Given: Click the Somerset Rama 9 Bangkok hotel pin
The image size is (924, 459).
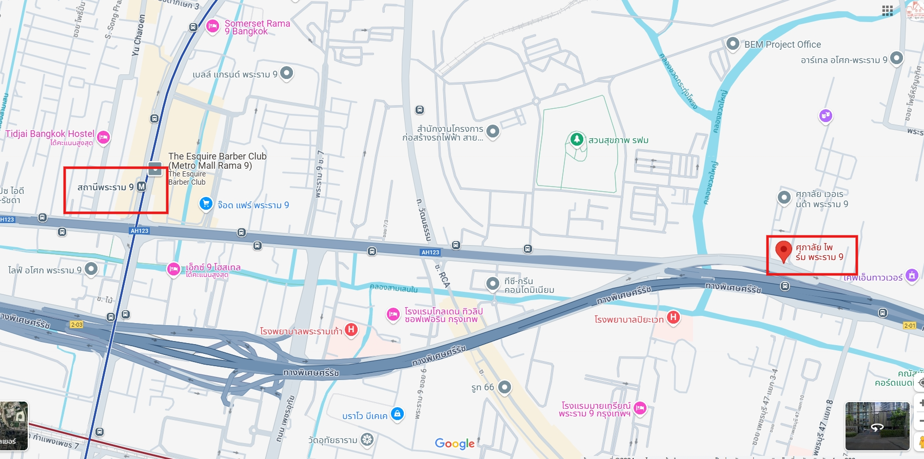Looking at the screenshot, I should [212, 26].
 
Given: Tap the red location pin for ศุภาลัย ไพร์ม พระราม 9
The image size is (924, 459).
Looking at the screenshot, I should [783, 251].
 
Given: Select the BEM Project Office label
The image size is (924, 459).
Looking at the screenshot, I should [782, 45].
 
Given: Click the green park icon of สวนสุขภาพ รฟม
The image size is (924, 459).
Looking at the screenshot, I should [577, 139].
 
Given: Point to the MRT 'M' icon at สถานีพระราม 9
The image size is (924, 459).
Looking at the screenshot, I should [142, 187].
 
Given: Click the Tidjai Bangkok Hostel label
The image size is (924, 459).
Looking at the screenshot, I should [50, 134].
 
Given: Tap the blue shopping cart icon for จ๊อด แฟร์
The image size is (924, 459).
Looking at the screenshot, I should [206, 204].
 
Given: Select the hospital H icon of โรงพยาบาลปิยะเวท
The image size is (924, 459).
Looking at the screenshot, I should [673, 317].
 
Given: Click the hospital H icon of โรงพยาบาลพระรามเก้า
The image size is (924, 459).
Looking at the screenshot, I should [351, 329].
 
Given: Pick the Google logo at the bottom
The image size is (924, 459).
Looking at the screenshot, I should [455, 444].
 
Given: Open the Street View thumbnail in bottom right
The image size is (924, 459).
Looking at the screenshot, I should [877, 426].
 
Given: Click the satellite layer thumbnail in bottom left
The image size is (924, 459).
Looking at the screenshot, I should [13, 426].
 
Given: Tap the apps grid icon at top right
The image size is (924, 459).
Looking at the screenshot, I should [888, 11].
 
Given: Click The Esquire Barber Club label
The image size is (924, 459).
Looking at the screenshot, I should [217, 161].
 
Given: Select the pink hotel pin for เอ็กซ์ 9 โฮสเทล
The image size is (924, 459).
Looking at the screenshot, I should [173, 268].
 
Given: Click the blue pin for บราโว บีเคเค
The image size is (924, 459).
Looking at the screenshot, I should [397, 413].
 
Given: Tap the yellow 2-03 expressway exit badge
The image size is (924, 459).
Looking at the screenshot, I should [76, 325].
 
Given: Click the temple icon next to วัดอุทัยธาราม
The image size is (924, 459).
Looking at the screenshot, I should [366, 440].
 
